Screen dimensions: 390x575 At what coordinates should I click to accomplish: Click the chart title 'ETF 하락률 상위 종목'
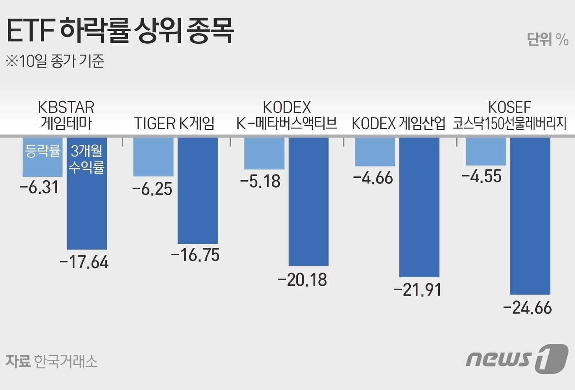coord(120,30)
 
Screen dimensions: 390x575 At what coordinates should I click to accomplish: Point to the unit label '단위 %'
coord(547,39)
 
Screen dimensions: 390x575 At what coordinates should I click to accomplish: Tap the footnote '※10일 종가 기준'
coord(55,61)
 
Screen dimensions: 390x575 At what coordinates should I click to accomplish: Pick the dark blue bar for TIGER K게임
coord(198,191)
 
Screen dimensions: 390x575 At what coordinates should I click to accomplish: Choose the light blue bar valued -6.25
coord(153,157)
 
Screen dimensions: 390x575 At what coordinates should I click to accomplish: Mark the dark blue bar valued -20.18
coord(308,202)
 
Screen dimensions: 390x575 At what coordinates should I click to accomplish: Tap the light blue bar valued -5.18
coord(264,153)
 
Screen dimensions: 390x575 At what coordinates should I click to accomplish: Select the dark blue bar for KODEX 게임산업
coord(419,207)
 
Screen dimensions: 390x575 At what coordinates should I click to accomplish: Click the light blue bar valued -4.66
coord(375,152)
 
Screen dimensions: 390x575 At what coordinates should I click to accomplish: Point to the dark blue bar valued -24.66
coord(530,216)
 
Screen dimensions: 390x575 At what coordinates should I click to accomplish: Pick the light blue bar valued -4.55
coord(485,151)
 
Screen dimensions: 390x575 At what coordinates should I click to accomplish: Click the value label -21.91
coord(418,290)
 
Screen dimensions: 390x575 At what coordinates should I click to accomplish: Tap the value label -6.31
coord(39,188)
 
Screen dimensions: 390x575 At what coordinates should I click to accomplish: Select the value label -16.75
coord(195,255)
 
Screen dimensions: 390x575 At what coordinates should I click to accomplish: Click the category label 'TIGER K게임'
coord(174,123)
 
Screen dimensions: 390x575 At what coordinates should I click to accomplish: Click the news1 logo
coord(517,358)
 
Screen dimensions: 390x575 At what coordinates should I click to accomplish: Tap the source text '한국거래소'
coord(66,361)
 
